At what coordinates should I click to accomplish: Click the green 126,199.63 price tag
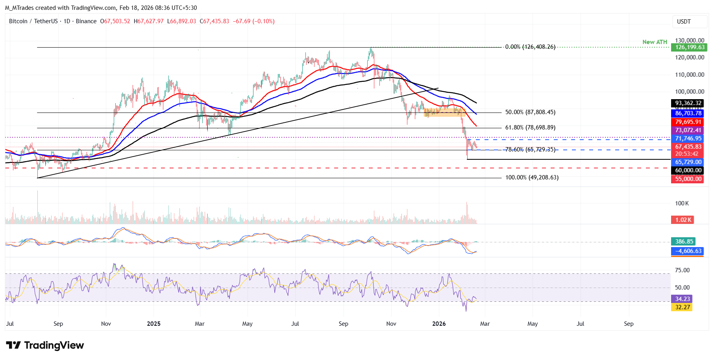(690, 48)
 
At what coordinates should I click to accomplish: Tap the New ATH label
(655, 42)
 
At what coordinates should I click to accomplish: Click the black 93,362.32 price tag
(687, 103)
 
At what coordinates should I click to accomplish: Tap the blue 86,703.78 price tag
(687, 113)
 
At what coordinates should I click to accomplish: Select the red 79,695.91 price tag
(687, 122)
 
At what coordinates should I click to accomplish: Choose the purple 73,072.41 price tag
(687, 130)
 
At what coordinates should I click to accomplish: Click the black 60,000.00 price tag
(687, 170)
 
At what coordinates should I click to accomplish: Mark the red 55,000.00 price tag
(687, 179)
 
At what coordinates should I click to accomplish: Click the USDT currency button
(684, 22)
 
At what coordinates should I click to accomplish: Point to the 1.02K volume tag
(683, 220)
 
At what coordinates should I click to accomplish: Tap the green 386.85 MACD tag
(683, 242)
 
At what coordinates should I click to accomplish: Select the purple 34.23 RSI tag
(682, 299)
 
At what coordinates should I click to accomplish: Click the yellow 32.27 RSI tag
(682, 307)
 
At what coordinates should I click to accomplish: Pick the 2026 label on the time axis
(439, 324)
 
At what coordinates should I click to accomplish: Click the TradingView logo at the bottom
(45, 345)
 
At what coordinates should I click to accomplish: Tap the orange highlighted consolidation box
(444, 113)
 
